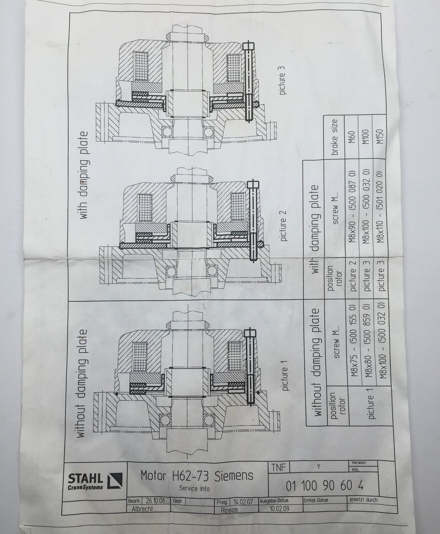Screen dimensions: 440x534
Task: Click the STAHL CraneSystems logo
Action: click(95, 481)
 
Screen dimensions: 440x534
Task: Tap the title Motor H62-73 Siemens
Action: click(197, 475)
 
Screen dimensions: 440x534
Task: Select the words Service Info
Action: click(194, 489)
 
